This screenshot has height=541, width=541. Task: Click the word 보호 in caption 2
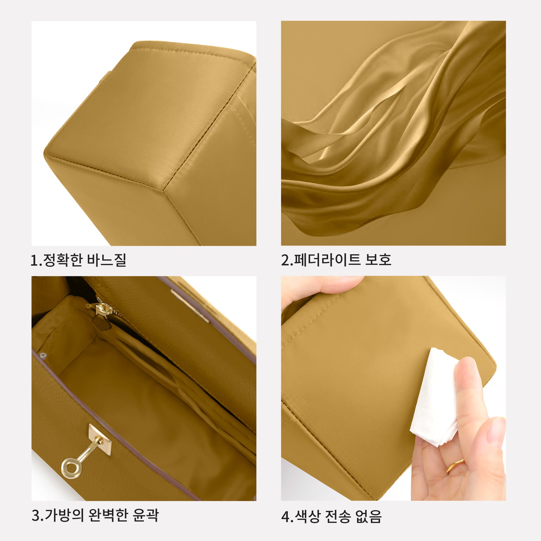tap(378, 260)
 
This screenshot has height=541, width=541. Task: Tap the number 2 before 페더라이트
tap(285, 260)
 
